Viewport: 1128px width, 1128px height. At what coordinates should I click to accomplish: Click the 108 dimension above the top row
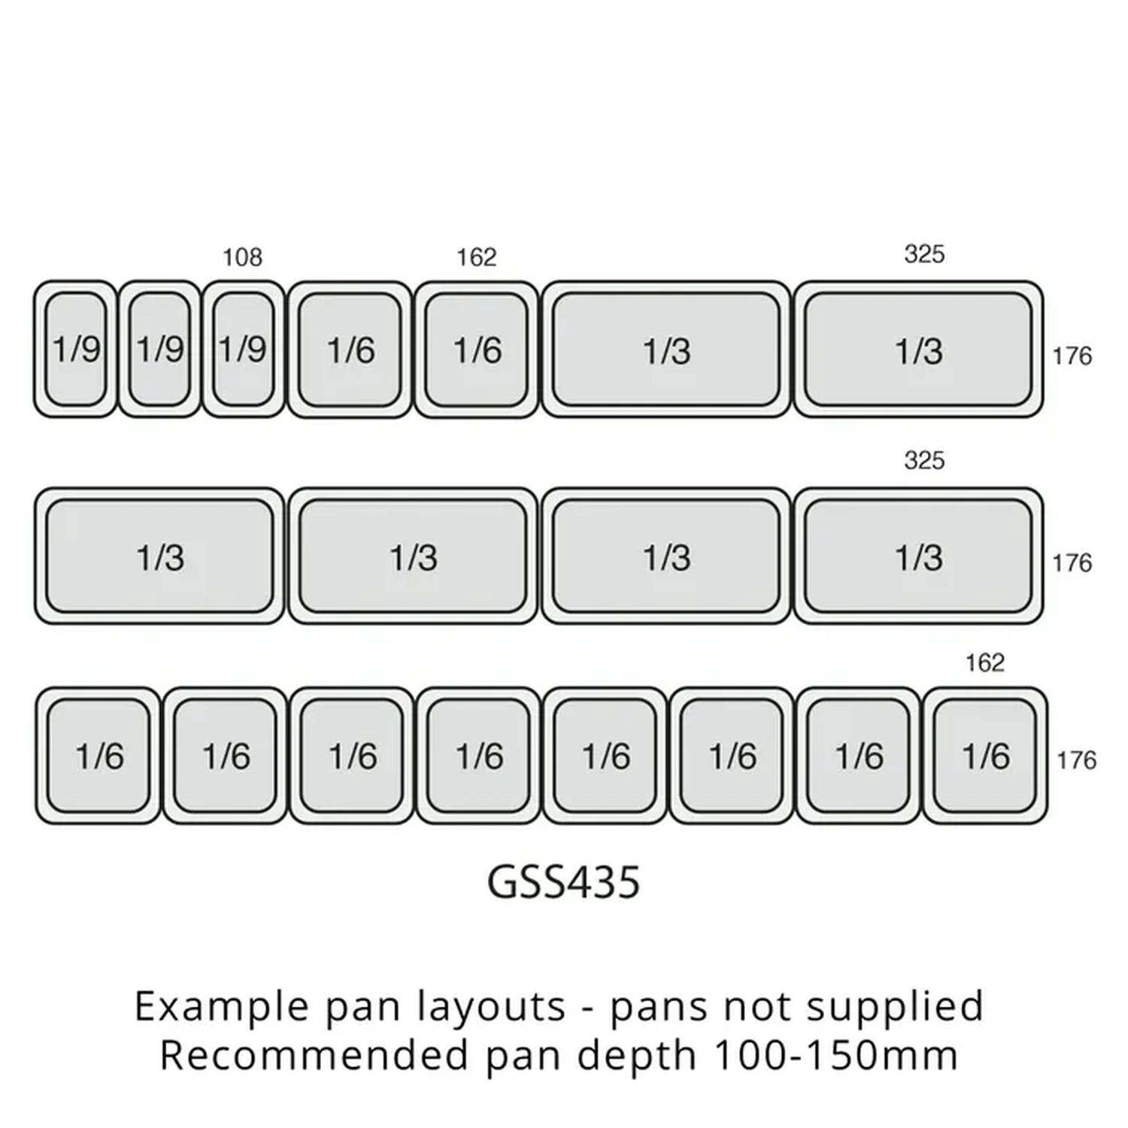[242, 258]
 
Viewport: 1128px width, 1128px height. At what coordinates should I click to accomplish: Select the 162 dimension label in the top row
[477, 258]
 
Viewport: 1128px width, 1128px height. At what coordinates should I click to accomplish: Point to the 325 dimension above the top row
[923, 254]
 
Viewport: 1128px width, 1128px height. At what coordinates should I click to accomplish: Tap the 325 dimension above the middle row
[923, 460]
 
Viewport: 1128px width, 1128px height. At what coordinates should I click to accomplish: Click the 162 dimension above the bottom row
[984, 663]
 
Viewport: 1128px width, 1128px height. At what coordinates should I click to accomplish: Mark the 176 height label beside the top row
[1072, 356]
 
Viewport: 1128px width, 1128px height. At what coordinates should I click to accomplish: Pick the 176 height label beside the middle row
[1072, 562]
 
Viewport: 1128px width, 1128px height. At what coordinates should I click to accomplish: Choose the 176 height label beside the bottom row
[1076, 760]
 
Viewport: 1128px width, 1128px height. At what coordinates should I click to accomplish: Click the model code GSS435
[563, 882]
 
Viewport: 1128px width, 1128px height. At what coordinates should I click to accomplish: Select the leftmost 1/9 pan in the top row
[76, 350]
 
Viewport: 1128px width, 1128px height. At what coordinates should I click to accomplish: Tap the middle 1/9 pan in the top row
[159, 350]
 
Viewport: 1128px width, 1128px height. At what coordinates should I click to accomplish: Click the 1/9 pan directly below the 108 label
[243, 350]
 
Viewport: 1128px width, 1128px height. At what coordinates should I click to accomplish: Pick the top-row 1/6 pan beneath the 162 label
[477, 350]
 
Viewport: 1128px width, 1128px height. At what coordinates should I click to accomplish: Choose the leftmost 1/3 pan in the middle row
[159, 556]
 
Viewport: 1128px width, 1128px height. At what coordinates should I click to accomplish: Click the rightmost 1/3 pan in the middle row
[918, 556]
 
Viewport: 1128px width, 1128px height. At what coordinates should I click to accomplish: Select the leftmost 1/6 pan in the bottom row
[99, 756]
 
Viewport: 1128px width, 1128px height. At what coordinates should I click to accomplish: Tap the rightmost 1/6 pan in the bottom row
[985, 756]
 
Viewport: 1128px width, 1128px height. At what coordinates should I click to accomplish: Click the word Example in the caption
[221, 1006]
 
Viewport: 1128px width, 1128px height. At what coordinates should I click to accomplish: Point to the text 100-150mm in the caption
[835, 1055]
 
